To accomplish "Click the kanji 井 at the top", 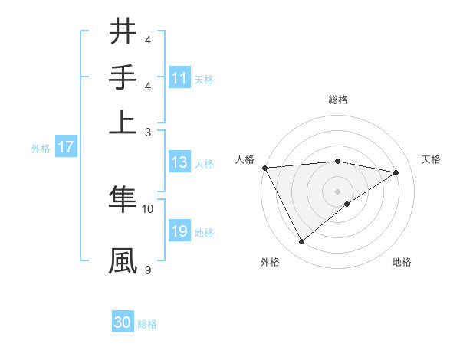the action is click(x=123, y=31).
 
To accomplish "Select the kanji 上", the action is click(x=123, y=121).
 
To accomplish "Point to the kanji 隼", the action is click(x=123, y=198).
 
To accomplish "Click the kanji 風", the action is click(x=123, y=260).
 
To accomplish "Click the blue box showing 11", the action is click(x=179, y=78).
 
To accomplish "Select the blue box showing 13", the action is click(x=179, y=162).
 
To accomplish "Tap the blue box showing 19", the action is click(x=179, y=231).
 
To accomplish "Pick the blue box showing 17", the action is click(x=66, y=147).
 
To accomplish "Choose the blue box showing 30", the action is click(x=123, y=322).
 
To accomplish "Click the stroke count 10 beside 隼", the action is click(x=148, y=208).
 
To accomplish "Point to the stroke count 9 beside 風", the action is click(x=148, y=270).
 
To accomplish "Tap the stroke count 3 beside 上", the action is click(x=148, y=132).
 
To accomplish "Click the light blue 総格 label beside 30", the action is click(x=147, y=324).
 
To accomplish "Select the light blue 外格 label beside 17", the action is click(x=41, y=149).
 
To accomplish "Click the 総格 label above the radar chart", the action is click(x=337, y=100).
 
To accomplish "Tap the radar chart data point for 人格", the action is click(x=264, y=168).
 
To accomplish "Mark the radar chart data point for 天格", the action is click(x=396, y=172).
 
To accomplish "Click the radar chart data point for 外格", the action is click(x=301, y=242).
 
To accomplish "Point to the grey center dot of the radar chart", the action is click(x=337, y=191).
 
